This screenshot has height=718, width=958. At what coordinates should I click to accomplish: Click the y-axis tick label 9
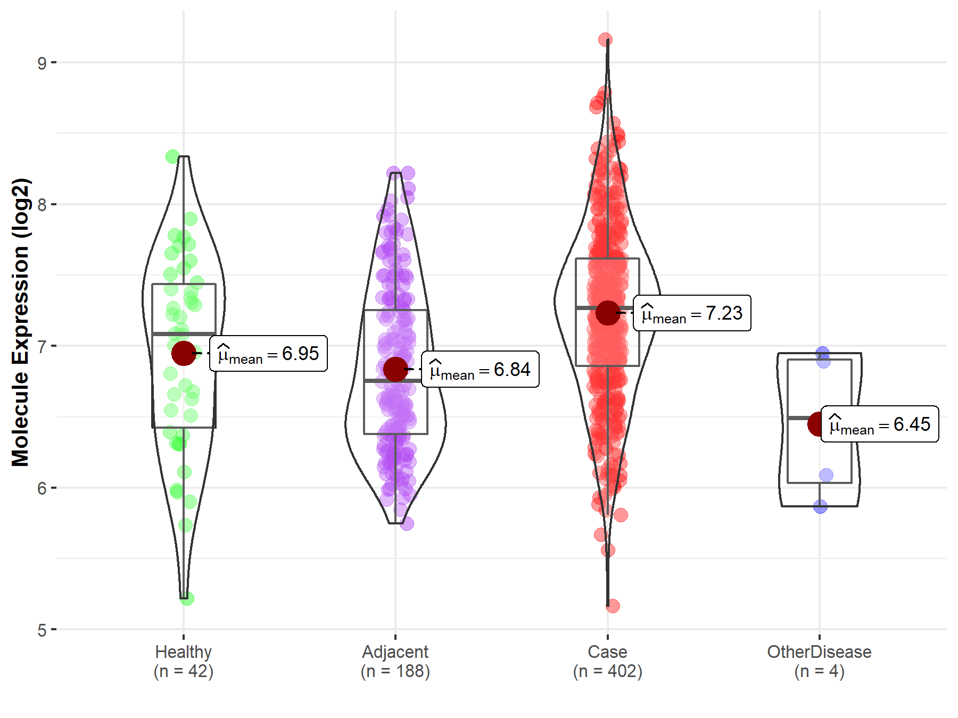[x=42, y=63]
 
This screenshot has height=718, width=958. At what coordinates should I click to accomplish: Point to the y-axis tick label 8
[x=42, y=205]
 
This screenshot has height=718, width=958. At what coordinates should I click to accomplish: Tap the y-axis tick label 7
[x=42, y=347]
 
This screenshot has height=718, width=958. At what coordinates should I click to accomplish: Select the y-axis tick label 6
[x=42, y=488]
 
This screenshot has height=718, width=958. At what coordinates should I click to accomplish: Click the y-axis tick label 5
[x=42, y=630]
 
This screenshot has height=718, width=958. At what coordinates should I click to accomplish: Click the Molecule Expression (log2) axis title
[x=20, y=322]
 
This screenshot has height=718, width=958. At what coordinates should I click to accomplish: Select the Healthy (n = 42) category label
[x=184, y=662]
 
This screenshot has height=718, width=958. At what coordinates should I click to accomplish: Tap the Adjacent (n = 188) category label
[x=395, y=662]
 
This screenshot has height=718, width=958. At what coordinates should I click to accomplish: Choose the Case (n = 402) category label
[x=608, y=662]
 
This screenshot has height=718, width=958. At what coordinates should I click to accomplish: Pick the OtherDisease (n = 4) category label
[x=820, y=662]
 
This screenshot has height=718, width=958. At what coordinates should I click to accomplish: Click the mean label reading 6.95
[x=269, y=354]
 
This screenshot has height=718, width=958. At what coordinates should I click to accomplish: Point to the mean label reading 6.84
[x=481, y=370]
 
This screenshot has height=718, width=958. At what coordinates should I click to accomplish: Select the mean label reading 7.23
[x=692, y=313]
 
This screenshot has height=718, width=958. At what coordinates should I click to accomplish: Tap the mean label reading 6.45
[x=880, y=424]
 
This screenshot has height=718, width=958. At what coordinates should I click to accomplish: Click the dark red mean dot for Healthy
[x=184, y=354]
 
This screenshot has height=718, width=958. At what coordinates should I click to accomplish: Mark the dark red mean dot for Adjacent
[x=395, y=369]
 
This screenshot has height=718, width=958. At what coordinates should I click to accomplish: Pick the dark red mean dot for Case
[x=608, y=313]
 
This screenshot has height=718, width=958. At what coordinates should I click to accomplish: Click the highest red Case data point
[x=605, y=39]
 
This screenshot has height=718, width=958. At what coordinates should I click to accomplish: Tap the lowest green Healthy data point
[x=187, y=599]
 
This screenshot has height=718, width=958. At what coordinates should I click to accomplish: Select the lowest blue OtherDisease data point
[x=821, y=506]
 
